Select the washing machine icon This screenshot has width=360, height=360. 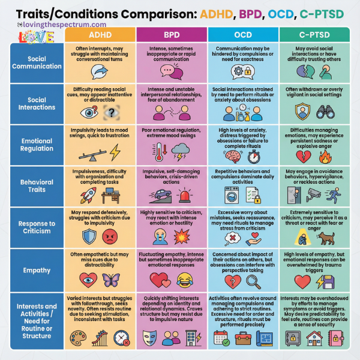coord(231,195)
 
